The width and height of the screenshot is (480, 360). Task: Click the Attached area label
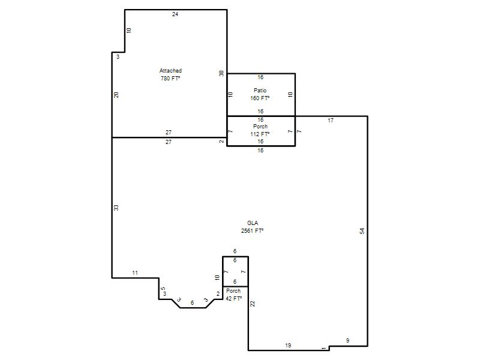[x=170, y=71]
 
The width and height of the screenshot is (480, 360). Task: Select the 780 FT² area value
[x=170, y=79]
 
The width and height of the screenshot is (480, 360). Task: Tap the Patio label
[x=260, y=91]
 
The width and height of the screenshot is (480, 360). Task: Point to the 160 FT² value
[x=260, y=98]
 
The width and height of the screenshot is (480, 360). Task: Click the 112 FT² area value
[x=260, y=134]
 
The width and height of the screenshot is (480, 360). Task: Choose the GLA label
[x=253, y=223]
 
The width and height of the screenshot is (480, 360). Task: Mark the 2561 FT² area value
[x=252, y=231]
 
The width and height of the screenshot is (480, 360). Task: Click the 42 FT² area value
[x=234, y=298]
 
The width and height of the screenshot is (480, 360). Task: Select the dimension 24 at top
[x=175, y=14]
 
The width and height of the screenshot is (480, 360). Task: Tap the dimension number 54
[x=362, y=231]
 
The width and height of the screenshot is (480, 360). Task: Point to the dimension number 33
[x=116, y=208]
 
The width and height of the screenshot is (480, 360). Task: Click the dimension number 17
[x=331, y=121]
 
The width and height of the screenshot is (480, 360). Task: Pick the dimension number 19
[x=288, y=346]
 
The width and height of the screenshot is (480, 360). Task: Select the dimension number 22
[x=253, y=304]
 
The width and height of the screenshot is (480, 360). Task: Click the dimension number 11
[x=135, y=273]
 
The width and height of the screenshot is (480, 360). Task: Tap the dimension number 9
[x=348, y=340]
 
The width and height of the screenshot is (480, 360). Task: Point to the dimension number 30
[x=221, y=73]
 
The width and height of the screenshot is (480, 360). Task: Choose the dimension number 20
[x=116, y=95]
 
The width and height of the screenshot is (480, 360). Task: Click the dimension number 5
[x=163, y=289]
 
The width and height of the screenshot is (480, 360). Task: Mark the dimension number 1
[x=324, y=349]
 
